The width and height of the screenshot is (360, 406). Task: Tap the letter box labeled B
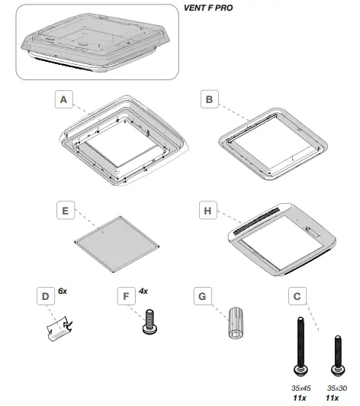[x=211, y=98]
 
